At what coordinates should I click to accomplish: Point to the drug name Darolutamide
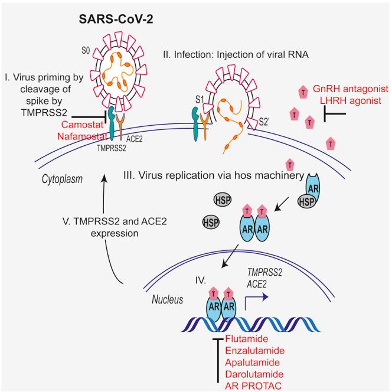click(x=255, y=375)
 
